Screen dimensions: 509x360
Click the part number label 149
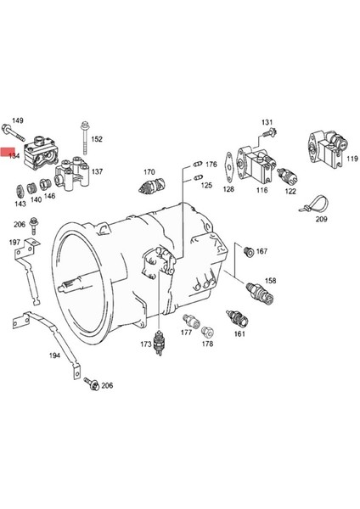coord(17,121)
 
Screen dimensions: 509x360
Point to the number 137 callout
coord(97,171)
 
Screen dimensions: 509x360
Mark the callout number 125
coord(206,184)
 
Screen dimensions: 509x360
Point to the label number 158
coord(269,280)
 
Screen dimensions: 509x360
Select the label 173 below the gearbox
coord(145,344)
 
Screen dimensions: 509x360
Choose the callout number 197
coord(14,243)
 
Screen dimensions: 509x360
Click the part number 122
coord(290,192)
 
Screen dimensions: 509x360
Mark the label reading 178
coord(207,344)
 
